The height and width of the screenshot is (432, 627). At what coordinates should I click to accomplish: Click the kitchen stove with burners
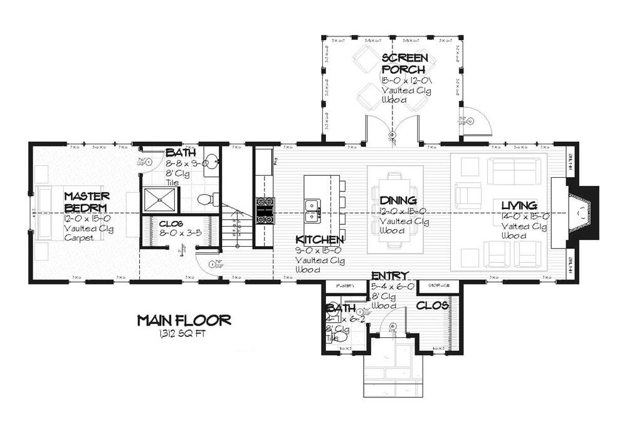pos(264,209)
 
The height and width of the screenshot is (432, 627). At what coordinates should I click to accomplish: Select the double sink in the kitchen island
pos(311,210)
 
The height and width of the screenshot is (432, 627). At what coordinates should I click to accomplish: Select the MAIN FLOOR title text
pos(184,321)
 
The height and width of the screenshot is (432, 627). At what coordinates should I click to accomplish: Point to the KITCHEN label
pos(320,240)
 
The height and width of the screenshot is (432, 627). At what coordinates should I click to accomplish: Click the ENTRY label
pos(390,276)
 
